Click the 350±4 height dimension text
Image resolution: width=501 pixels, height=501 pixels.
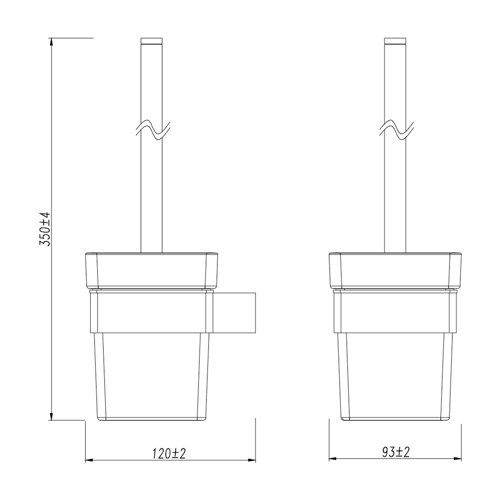pyautogui.click(x=45, y=228)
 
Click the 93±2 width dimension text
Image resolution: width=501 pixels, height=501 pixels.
pyautogui.click(x=396, y=452)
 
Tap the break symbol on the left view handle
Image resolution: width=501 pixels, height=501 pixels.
pyautogui.click(x=153, y=130)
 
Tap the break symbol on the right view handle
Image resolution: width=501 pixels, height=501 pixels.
pyautogui.click(x=396, y=130)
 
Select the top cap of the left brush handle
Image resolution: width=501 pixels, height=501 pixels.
pyautogui.click(x=153, y=41)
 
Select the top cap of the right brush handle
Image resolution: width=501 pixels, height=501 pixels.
pyautogui.click(x=395, y=41)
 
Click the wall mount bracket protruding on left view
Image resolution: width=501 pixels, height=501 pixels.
pyautogui.click(x=235, y=314)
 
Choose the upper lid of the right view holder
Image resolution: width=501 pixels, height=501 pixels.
pyautogui.click(x=396, y=271)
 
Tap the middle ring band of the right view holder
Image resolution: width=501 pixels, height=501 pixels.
pyautogui.click(x=396, y=314)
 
